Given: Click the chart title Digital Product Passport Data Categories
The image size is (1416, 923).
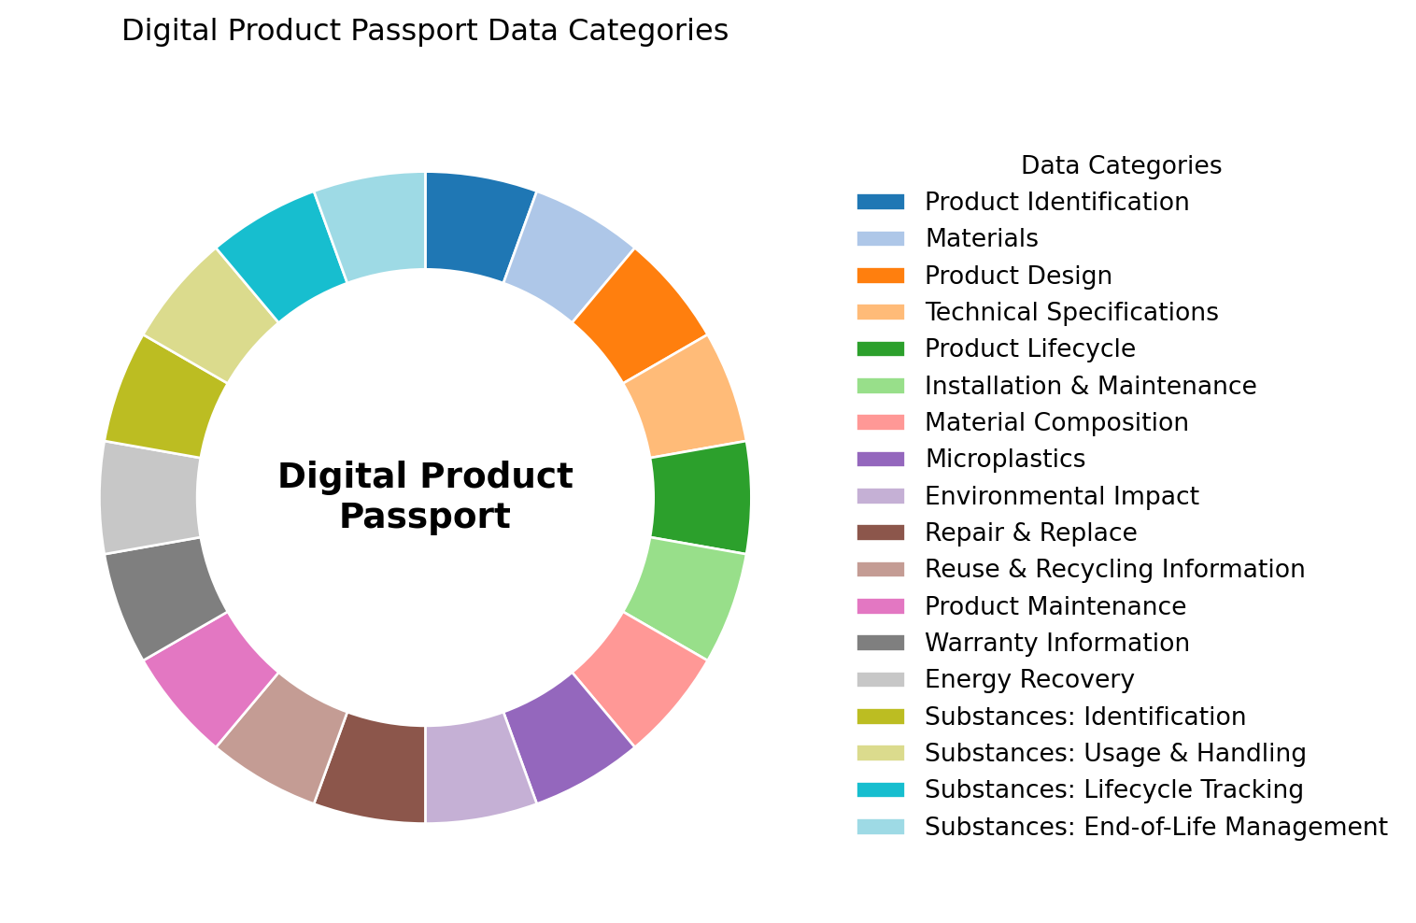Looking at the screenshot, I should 425,32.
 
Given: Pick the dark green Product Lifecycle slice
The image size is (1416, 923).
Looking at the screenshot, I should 701,497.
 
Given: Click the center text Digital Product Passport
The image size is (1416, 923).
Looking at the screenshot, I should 425,496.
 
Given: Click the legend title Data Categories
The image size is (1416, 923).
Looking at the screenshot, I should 1121,165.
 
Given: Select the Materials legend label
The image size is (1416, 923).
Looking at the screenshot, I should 982,238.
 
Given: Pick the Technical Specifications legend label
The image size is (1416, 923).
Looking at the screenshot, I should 1071,312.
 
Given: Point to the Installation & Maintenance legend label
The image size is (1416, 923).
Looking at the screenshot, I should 1090,386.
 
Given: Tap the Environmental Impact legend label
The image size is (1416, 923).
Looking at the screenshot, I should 1062,496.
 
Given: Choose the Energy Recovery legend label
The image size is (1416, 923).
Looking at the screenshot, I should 1029,679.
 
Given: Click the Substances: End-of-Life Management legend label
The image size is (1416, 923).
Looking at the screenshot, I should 1155,827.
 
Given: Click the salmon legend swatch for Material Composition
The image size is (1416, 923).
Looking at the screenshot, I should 880,422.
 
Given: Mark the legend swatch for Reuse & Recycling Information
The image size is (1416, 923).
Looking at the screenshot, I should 880,569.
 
